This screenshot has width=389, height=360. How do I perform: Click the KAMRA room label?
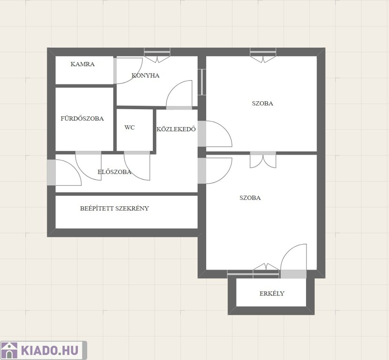pyautogui.click(x=82, y=64)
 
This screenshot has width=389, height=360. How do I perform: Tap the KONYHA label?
pyautogui.click(x=145, y=75)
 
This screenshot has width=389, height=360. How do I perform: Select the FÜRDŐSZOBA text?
pyautogui.click(x=82, y=118)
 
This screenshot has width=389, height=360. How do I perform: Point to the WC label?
pyautogui.click(x=129, y=127)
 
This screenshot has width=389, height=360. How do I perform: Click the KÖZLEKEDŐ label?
pyautogui.click(x=176, y=129)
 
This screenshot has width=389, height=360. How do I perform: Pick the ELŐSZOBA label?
pyautogui.click(x=114, y=172)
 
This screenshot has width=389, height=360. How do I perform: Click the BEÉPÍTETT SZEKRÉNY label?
pyautogui.click(x=114, y=208)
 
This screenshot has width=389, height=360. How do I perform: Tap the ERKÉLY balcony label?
pyautogui.click(x=272, y=293)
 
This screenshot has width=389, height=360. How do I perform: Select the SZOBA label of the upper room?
pyautogui.click(x=262, y=104)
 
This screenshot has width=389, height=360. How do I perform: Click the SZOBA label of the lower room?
pyautogui.click(x=250, y=198)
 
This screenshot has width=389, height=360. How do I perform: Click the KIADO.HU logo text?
pyautogui.click(x=50, y=350)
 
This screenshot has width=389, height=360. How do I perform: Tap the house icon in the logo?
pyautogui.click(x=9, y=350)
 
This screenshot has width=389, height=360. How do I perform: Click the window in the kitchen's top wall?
pyautogui.click(x=157, y=52)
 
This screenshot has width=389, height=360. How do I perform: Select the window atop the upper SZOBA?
pyautogui.click(x=263, y=52)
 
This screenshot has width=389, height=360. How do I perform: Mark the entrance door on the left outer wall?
pyautogui.click(x=52, y=172)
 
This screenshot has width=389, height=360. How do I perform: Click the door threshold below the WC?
pyautogui.click(x=137, y=153)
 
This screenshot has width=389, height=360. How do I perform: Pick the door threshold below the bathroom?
pyautogui.click(x=88, y=153)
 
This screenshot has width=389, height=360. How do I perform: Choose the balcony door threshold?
pyautogui.click(x=293, y=274)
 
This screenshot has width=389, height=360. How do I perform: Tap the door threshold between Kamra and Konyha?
pyautogui.click(x=115, y=71)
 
